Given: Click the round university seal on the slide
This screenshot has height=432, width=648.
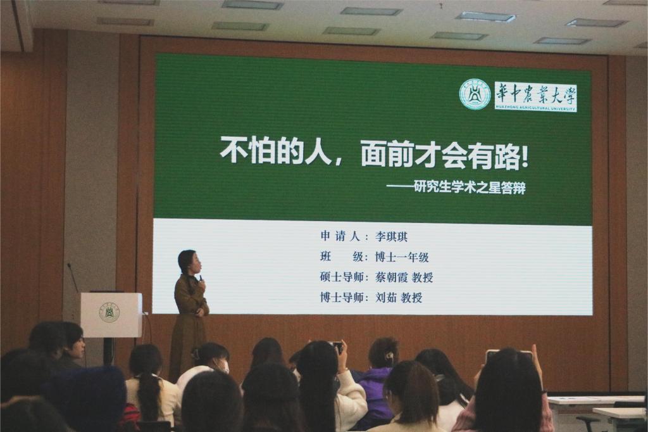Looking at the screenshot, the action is click(475, 95).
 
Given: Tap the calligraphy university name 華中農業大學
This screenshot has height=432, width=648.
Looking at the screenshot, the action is click(536, 94).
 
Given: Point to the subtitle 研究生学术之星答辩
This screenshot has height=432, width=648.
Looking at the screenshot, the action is click(470, 188).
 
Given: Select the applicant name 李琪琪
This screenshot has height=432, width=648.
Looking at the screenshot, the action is click(391, 237).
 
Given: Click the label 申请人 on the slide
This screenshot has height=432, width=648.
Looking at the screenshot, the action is click(340, 236).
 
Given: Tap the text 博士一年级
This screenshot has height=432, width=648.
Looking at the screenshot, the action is click(402, 257).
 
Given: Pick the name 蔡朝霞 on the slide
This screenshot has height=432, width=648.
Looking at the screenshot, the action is click(391, 277).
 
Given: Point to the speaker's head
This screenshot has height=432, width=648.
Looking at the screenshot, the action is click(189, 262).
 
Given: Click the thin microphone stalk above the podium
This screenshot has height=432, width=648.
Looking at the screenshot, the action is click(73, 278).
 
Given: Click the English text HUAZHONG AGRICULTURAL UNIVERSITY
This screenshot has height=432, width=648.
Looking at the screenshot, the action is click(535, 108).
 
